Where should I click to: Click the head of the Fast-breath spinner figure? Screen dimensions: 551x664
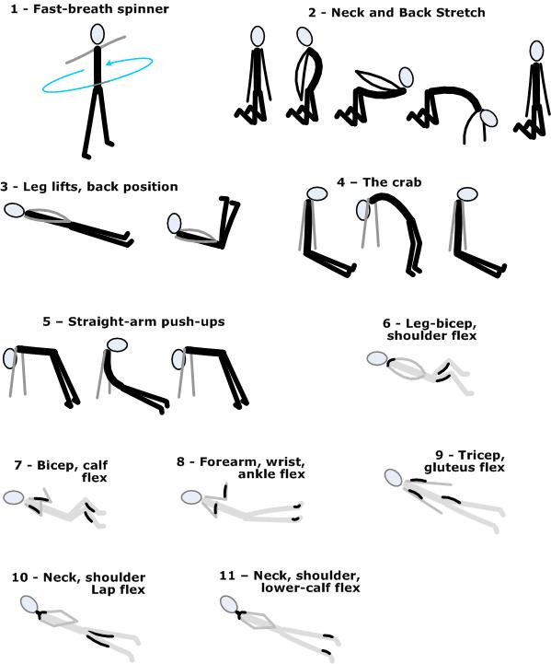point(98,34)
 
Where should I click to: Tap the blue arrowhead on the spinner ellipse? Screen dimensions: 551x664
point(109,64)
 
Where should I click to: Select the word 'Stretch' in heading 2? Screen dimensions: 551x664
point(461,13)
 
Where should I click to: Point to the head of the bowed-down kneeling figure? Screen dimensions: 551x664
point(488,119)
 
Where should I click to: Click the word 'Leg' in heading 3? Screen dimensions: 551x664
point(33,187)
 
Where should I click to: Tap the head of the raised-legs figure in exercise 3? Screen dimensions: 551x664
point(174,224)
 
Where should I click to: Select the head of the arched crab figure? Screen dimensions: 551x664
point(363,210)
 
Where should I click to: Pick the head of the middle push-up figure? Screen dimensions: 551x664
point(117,344)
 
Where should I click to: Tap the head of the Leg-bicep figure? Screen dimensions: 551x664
point(377,358)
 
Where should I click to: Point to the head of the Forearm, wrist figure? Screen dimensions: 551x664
point(191,497)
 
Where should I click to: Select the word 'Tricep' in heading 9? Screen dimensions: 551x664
point(482,456)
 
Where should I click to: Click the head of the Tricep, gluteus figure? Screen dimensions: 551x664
point(394,478)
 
